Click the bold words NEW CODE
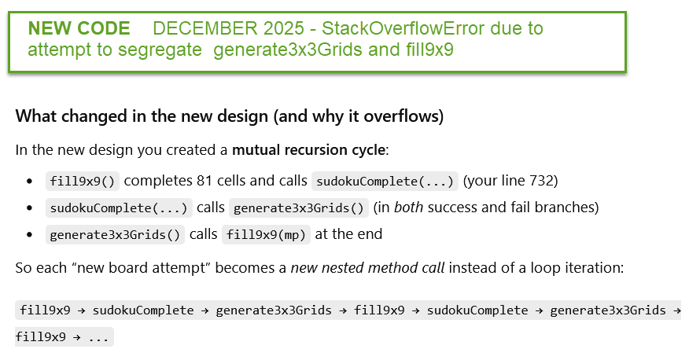pyautogui.click(x=79, y=28)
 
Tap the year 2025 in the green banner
pyautogui.click(x=284, y=28)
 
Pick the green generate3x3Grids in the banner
pyautogui.click(x=288, y=50)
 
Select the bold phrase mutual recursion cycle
pyautogui.click(x=308, y=150)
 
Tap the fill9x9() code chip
pyautogui.click(x=82, y=181)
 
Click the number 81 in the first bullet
pyautogui.click(x=204, y=181)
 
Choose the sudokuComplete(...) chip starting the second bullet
pyautogui.click(x=119, y=208)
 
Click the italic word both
pyautogui.click(x=408, y=208)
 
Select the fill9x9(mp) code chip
pyautogui.click(x=266, y=234)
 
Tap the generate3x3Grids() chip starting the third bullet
pyautogui.click(x=115, y=234)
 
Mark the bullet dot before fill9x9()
pyautogui.click(x=29, y=182)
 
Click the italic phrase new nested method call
pyautogui.click(x=368, y=268)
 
